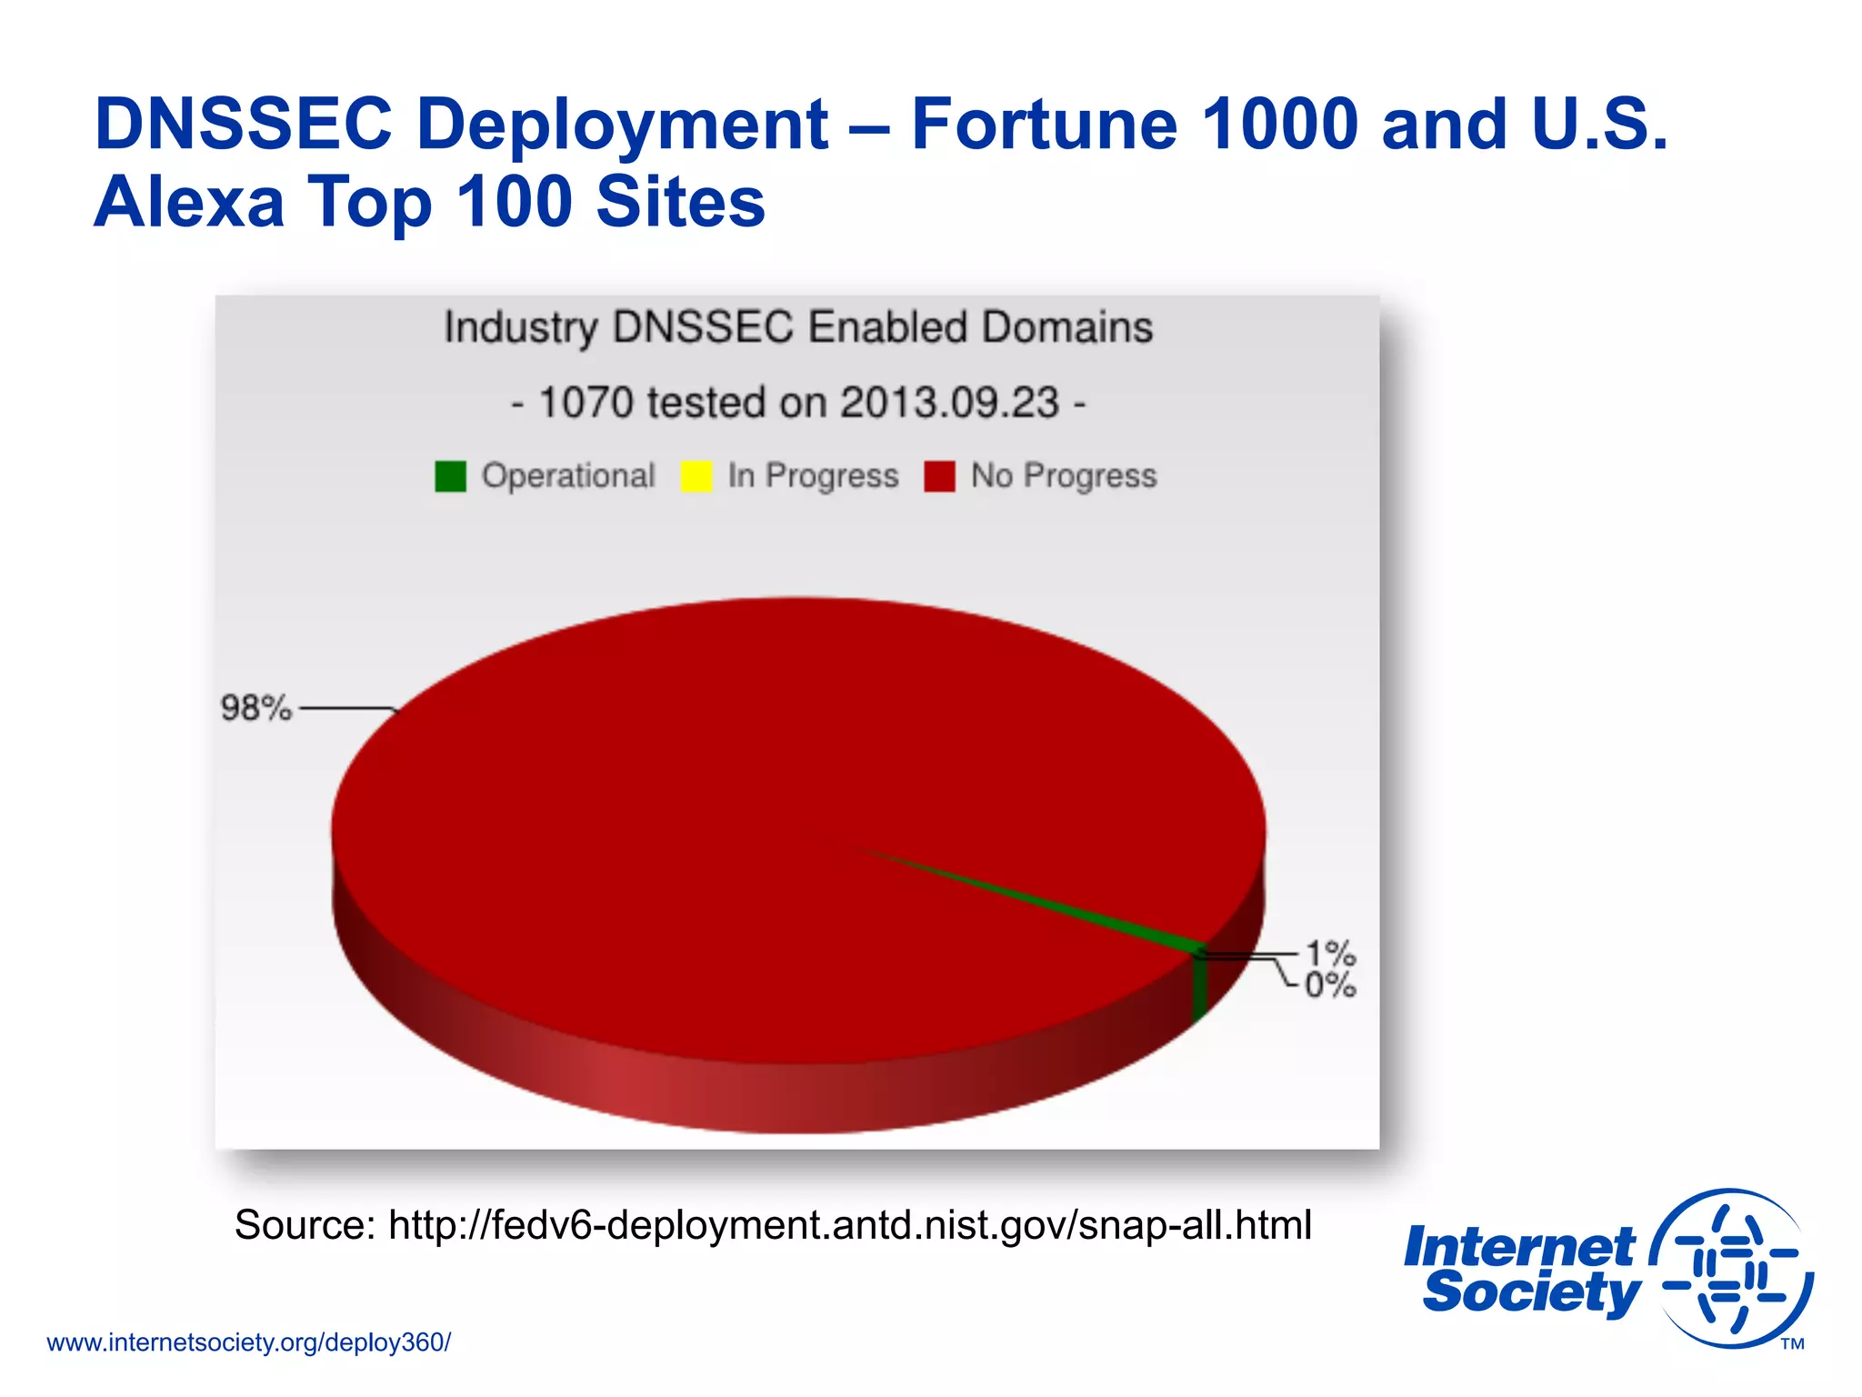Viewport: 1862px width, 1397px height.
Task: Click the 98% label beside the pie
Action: click(255, 708)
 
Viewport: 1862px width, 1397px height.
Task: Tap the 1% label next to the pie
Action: click(1330, 953)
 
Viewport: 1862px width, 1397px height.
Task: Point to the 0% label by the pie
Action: click(1330, 985)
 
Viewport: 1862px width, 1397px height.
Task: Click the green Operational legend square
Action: click(450, 476)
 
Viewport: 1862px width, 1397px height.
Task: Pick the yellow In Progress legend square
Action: click(696, 476)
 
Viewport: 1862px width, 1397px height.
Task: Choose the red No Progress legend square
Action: click(939, 476)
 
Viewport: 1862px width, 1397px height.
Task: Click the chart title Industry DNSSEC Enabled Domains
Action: click(798, 327)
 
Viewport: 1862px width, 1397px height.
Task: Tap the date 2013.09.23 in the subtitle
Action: click(949, 402)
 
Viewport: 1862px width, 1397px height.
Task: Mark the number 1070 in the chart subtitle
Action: click(586, 402)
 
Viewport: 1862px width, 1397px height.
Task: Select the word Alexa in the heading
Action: click(189, 201)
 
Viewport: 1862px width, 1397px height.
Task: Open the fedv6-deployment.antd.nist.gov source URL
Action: click(850, 1224)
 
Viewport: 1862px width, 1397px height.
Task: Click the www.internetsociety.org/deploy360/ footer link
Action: click(248, 1342)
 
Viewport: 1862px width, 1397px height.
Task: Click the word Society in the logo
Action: click(1531, 1292)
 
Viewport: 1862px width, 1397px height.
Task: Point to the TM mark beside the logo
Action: click(1792, 1343)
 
